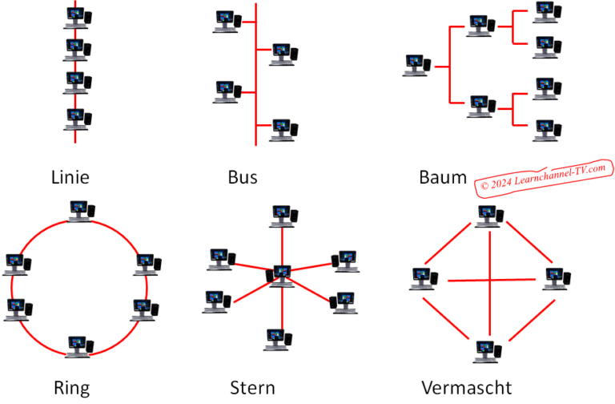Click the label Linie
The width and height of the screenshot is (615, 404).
[x=70, y=177]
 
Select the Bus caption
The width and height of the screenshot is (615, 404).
[x=242, y=177]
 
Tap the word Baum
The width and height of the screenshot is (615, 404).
[x=442, y=177]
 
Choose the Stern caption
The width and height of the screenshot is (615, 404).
[x=251, y=389]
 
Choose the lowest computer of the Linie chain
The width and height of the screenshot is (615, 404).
[x=78, y=119]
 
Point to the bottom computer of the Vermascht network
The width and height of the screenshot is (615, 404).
[x=488, y=350]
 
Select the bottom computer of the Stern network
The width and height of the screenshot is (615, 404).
[x=277, y=338]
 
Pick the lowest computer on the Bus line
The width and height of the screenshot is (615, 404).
[x=283, y=128]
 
